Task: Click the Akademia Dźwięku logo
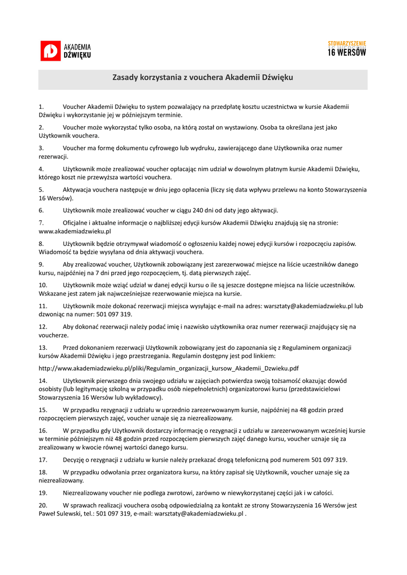coord(65,51)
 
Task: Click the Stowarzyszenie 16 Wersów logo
coord(346,49)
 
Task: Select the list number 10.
coord(43,285)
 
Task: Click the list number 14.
coord(43,381)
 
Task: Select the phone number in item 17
coord(329,459)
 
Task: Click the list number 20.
coord(43,505)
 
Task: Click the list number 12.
coord(43,327)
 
